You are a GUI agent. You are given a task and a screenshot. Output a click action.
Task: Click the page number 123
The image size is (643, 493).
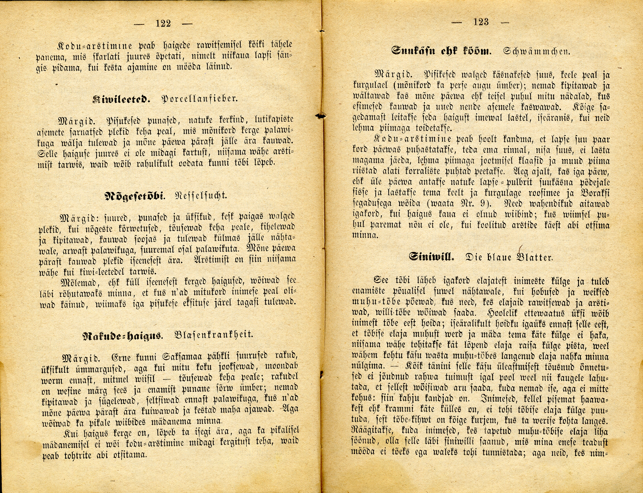481,22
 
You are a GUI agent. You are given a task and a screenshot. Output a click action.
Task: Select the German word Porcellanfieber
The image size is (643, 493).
199,99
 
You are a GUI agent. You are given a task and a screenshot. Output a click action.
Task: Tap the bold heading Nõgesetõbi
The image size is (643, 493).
135,196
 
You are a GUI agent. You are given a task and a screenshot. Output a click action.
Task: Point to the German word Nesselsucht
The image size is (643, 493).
201,195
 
